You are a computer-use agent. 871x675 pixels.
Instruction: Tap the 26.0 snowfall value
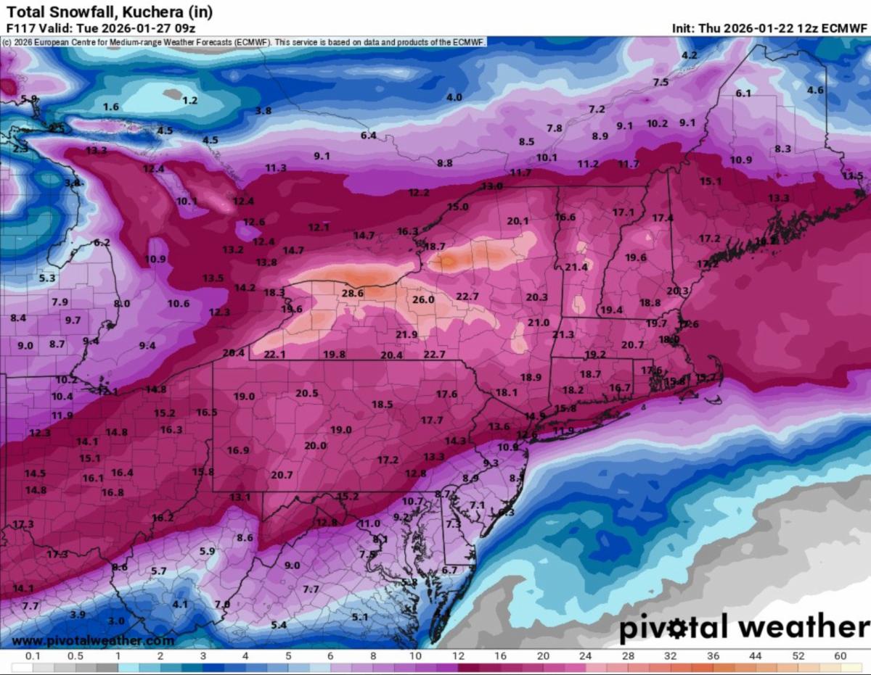[x=423, y=299]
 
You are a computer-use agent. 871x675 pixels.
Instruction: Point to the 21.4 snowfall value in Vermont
[x=576, y=267]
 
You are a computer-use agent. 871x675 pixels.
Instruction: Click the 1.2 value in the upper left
[x=189, y=101]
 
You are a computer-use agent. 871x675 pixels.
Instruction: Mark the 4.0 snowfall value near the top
[x=454, y=97]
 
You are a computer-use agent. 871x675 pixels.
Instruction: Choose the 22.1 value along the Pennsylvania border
[x=274, y=355]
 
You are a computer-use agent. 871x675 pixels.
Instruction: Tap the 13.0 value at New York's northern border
[x=491, y=186]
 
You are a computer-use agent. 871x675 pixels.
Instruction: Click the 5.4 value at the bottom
[x=279, y=625]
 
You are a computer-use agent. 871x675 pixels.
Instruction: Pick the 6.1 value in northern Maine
[x=743, y=94]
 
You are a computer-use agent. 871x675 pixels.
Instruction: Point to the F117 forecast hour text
[x=20, y=28]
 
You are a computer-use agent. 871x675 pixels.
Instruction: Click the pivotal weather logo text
[x=743, y=626]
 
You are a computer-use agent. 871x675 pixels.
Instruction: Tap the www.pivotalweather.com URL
[x=93, y=641]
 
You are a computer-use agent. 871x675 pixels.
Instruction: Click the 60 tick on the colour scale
[x=841, y=656]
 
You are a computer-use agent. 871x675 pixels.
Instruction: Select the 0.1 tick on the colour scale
[x=32, y=656]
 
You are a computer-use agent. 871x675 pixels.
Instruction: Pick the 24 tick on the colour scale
[x=585, y=656]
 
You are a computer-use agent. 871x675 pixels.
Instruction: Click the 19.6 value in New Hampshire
[x=635, y=257]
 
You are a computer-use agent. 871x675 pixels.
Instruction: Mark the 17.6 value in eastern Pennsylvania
[x=446, y=394]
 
